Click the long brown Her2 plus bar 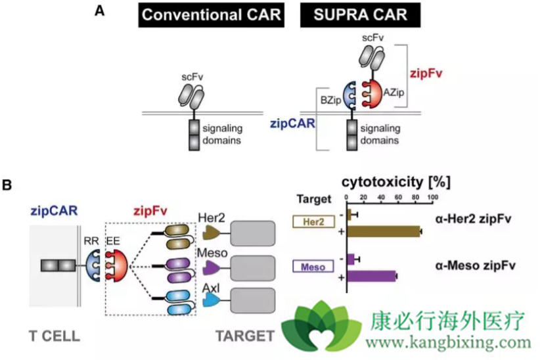384,231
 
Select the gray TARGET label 244,336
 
